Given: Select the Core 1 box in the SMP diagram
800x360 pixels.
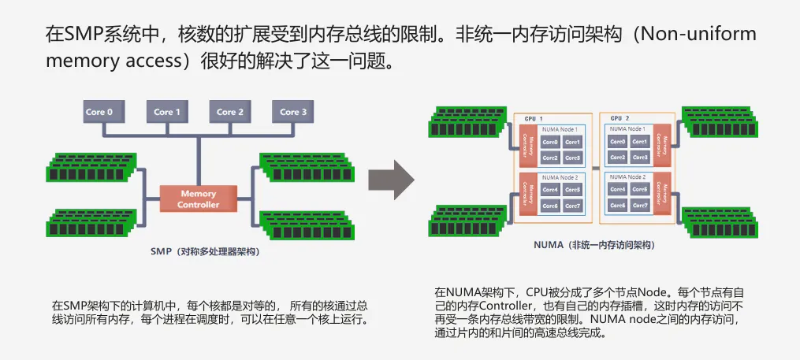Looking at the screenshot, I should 167,112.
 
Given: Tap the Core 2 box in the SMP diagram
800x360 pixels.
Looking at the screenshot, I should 230,112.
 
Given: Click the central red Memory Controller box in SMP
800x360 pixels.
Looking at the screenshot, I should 198,199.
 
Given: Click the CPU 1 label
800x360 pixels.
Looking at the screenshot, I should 534,118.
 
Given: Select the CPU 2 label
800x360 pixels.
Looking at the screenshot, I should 620,118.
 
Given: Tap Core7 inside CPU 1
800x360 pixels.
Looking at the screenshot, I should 573,206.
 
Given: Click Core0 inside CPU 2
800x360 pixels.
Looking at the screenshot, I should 618,142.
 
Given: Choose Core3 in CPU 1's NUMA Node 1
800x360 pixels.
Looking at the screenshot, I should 573,158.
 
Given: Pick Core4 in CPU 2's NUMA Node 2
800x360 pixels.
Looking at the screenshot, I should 618,190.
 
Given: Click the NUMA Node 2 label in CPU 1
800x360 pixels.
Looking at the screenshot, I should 560,177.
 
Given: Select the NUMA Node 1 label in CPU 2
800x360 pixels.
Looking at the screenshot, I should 627,128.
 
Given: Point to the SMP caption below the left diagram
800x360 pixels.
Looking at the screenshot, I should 204,251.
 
